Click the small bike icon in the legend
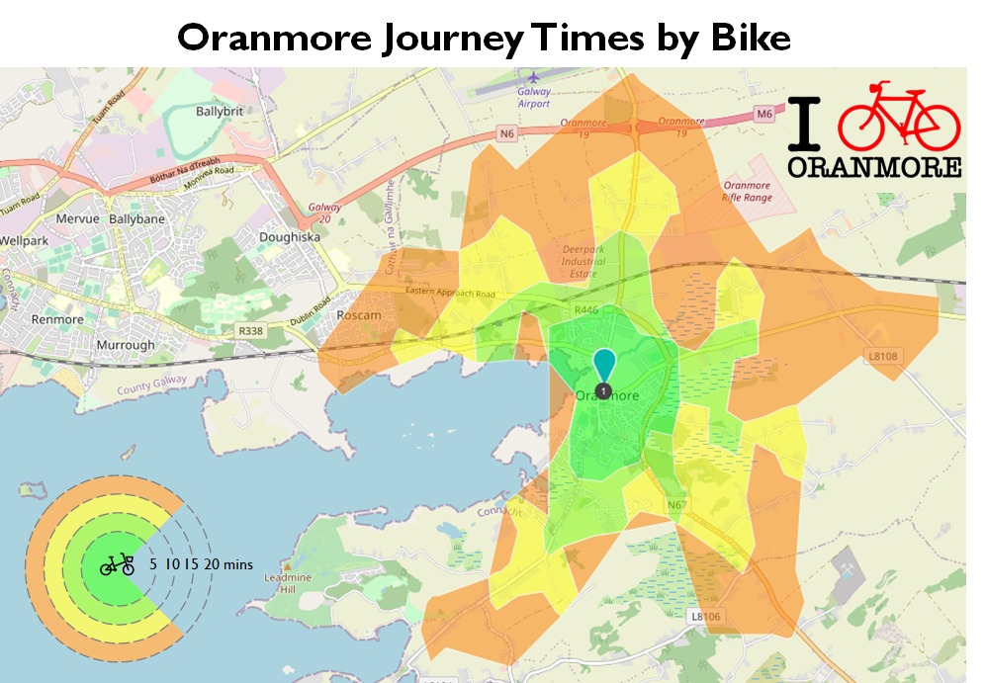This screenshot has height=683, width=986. click(x=117, y=564)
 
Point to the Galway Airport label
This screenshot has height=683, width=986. click(x=533, y=97)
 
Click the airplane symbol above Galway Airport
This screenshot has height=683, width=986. click(x=535, y=76)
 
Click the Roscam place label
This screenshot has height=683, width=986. click(x=359, y=315)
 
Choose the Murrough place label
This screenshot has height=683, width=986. click(x=125, y=345)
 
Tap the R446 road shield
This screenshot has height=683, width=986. click(x=587, y=310)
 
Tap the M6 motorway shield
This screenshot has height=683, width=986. click(x=764, y=115)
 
